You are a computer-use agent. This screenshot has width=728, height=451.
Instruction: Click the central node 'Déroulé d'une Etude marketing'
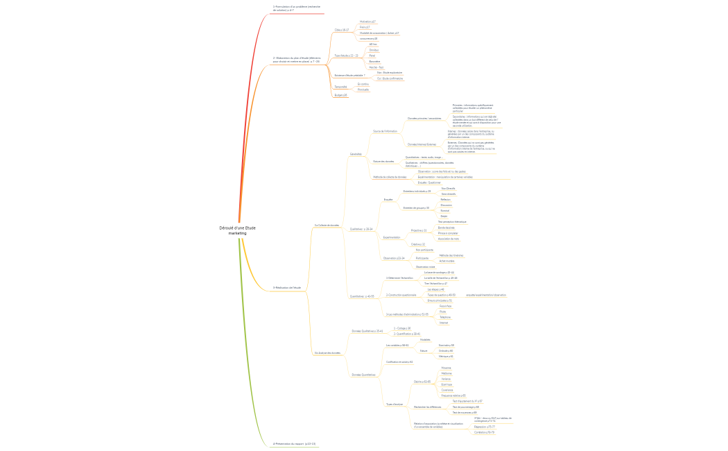coord(238,230)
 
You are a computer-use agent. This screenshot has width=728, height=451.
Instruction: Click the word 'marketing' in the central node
coord(237,234)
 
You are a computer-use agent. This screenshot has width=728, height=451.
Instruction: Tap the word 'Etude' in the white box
coord(249,228)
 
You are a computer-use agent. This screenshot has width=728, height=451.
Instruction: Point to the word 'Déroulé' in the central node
coord(227,228)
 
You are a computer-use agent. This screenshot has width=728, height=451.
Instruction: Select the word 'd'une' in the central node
coord(239,228)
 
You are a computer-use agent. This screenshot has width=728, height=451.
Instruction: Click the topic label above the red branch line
coord(297,8)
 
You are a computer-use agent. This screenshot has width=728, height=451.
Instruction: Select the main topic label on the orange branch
coord(297,60)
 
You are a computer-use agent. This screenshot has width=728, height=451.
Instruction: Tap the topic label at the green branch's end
coord(295,443)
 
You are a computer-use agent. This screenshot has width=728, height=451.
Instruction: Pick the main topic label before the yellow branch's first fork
coord(286,287)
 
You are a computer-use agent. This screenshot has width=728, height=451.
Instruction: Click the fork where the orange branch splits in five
coord(327,66)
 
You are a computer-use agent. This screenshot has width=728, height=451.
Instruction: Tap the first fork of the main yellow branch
coord(306,291)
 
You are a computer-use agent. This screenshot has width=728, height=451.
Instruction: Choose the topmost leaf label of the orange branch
coord(367,22)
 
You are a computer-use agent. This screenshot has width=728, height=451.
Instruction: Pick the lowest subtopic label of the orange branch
coord(340,95)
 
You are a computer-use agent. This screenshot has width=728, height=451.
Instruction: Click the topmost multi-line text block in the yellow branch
coord(474,108)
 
